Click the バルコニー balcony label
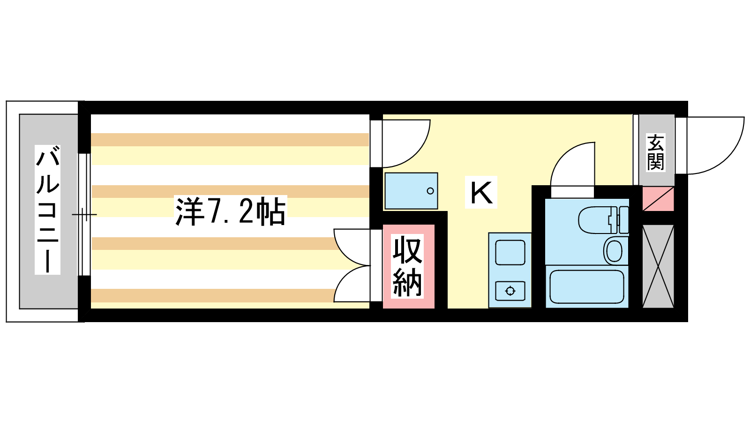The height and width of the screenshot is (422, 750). (x=47, y=210)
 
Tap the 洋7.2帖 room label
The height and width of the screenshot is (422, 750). (x=231, y=211)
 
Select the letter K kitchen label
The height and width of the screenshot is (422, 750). (x=481, y=193)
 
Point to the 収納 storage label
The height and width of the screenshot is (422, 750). (x=407, y=266)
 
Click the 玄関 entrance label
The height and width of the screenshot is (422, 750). (x=655, y=152)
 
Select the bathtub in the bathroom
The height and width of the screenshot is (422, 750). (x=587, y=286)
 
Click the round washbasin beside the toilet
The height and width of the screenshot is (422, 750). (x=615, y=251)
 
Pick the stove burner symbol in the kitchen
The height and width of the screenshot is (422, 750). (x=510, y=291)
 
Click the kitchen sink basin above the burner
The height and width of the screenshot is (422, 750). (x=510, y=253)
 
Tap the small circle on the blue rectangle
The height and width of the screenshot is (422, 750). (x=430, y=191)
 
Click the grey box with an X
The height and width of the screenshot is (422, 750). (x=658, y=266)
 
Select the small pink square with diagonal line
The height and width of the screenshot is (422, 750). (x=658, y=199)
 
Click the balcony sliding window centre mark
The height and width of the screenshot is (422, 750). (x=84, y=214)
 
